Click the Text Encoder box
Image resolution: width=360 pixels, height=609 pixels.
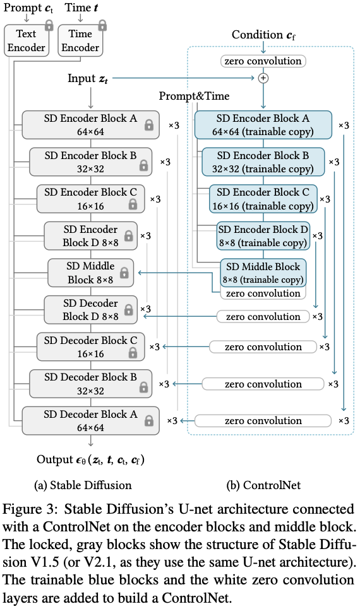(27, 41)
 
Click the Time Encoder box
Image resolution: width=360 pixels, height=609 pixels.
(80, 41)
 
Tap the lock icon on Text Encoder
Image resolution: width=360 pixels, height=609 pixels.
(49, 26)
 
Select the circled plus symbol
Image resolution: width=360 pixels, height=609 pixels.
(263, 78)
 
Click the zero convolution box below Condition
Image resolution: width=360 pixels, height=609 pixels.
(263, 61)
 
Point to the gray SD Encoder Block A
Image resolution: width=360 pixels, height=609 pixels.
(90, 125)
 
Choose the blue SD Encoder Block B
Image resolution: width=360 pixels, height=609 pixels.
(263, 162)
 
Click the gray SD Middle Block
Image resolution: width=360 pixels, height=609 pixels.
(90, 273)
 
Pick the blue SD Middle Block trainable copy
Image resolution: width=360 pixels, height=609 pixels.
(263, 273)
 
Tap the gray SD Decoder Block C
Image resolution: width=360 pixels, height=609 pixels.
(90, 347)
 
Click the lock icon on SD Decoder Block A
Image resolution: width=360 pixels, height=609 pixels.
(149, 421)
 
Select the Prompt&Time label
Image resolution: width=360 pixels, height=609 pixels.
(194, 96)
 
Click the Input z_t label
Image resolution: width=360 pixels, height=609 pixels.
(88, 78)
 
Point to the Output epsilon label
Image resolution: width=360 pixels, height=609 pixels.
(90, 460)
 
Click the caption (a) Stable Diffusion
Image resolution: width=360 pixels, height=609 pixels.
(83, 485)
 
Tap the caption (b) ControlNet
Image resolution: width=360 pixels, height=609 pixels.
(263, 485)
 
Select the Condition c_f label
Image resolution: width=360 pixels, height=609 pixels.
(263, 35)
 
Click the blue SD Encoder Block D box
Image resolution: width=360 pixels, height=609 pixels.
(263, 236)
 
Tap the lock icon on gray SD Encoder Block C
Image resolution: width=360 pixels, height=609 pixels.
(133, 204)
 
